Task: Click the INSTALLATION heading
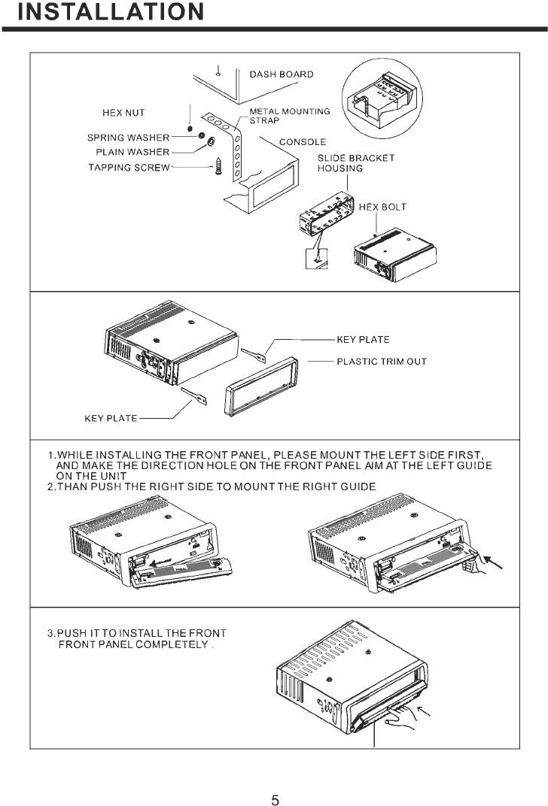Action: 110,12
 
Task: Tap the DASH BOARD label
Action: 281,74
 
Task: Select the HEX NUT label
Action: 123,113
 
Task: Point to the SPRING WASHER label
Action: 128,138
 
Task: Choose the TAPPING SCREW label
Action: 129,168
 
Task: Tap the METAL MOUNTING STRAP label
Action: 289,116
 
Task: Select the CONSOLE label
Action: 303,141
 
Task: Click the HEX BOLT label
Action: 382,208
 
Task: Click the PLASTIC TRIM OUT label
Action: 381,362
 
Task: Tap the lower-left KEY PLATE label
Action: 110,419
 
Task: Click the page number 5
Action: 275,800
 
